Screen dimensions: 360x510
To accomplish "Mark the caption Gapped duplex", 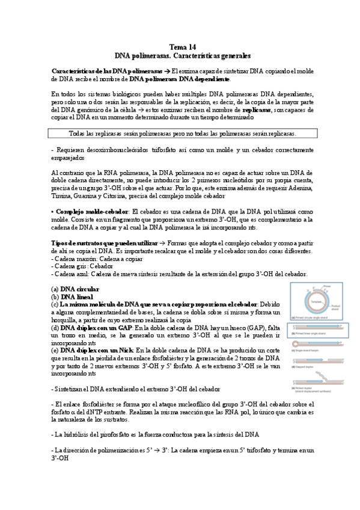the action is (307, 366).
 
